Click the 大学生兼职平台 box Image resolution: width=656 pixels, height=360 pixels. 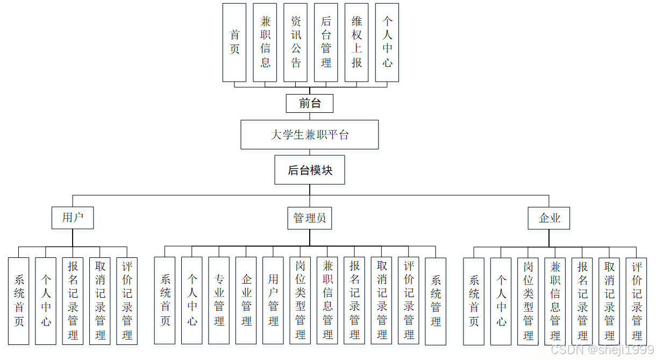click(309, 134)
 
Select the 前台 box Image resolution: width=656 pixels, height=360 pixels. click(309, 103)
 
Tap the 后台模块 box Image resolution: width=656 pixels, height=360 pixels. click(309, 170)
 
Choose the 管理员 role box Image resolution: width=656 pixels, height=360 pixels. click(309, 218)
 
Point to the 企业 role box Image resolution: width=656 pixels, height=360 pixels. click(548, 218)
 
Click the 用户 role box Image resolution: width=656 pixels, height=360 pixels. click(73, 218)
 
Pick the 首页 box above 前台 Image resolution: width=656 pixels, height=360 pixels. click(234, 42)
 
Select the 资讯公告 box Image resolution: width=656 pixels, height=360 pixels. click(295, 42)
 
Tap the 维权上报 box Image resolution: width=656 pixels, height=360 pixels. click(356, 42)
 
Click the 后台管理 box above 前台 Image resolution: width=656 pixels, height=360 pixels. click(326, 42)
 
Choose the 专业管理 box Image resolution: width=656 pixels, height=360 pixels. click(219, 300)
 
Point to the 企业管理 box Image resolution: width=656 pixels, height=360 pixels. click(246, 300)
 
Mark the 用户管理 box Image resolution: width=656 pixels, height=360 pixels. click(273, 300)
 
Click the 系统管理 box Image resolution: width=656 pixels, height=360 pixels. click(436, 300)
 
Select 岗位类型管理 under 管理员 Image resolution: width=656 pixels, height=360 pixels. click(300, 300)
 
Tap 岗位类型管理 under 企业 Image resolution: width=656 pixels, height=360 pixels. click(528, 300)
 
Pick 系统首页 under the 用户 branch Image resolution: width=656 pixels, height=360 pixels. click(19, 300)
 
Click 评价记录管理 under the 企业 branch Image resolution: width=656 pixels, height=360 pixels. click(636, 300)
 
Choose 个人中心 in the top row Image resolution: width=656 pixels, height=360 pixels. click(387, 42)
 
